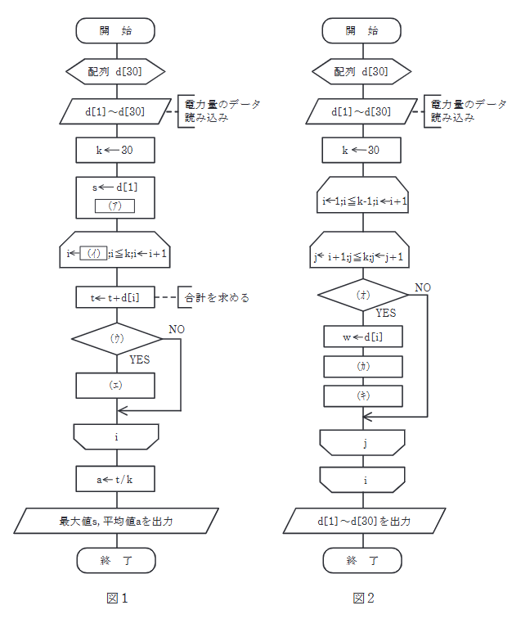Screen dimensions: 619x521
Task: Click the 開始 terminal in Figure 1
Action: (x=115, y=31)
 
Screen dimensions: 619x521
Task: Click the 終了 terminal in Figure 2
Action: (x=362, y=561)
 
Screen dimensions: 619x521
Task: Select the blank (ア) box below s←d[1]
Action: (x=115, y=206)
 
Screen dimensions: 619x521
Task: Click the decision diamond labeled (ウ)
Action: (x=115, y=337)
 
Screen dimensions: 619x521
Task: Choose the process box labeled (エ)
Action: (x=115, y=385)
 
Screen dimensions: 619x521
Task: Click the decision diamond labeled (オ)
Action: (x=362, y=294)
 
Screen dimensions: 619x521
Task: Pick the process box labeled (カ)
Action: (x=362, y=367)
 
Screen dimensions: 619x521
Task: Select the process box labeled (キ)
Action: (x=362, y=395)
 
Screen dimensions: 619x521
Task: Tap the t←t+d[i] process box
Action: (x=115, y=298)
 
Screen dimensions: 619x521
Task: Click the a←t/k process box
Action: (x=115, y=479)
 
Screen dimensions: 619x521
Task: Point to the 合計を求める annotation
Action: (x=216, y=298)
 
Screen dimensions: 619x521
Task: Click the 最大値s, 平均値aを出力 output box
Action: (x=115, y=520)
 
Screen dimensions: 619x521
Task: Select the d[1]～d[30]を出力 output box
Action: (x=362, y=520)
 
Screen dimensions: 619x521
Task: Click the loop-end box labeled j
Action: (x=362, y=443)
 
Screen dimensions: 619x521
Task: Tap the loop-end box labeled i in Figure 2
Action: (x=362, y=480)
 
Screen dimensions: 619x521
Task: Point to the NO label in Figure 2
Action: (x=423, y=287)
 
